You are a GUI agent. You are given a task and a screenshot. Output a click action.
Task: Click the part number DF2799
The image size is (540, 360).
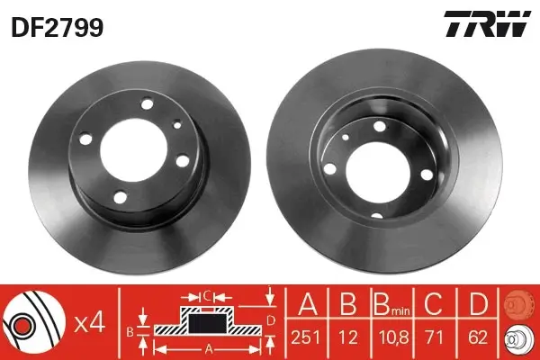click(56, 28)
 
